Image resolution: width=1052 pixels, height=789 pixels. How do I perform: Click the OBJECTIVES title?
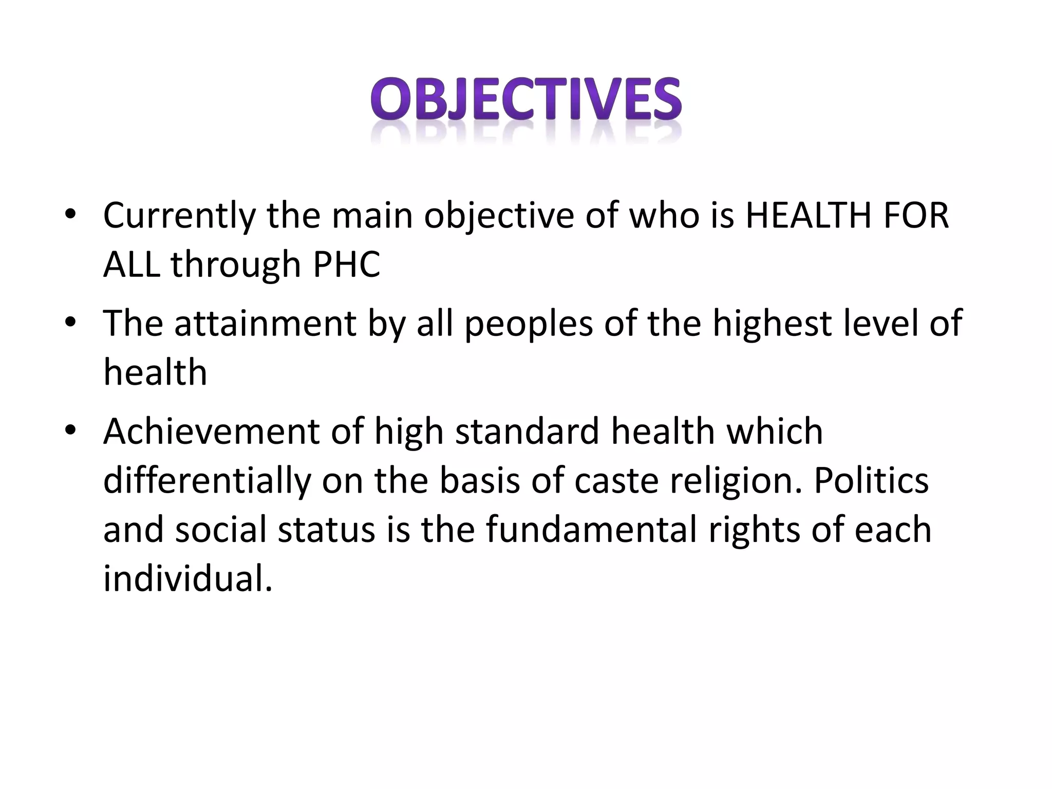(x=526, y=100)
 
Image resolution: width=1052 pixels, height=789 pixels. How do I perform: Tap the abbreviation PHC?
(x=347, y=265)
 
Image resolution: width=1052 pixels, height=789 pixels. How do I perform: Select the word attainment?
(x=265, y=323)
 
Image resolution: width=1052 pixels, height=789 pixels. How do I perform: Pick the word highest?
(x=772, y=324)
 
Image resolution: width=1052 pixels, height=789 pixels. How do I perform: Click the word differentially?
(x=207, y=481)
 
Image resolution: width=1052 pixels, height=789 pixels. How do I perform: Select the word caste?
(x=616, y=481)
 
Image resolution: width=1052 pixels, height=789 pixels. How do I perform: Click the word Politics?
(x=871, y=480)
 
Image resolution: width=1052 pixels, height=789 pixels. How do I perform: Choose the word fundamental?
(x=591, y=530)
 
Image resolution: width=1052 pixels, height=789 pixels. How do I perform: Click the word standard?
(x=528, y=431)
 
